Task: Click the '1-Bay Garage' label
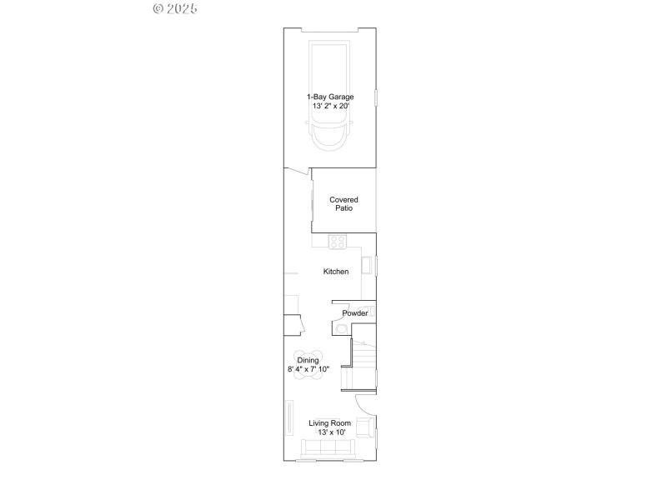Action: (329, 97)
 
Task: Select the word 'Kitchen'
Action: (336, 272)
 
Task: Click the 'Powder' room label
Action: (354, 313)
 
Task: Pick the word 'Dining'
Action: (308, 360)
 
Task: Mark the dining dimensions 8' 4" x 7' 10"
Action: (308, 369)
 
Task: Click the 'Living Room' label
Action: (329, 423)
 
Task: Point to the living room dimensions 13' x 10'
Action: (329, 432)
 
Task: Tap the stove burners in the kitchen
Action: (338, 242)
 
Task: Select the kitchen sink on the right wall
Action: (365, 265)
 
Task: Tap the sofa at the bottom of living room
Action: (328, 450)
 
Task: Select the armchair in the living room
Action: (364, 428)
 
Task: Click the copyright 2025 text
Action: (175, 8)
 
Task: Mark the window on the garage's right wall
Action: (376, 98)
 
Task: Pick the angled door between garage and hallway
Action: (297, 172)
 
